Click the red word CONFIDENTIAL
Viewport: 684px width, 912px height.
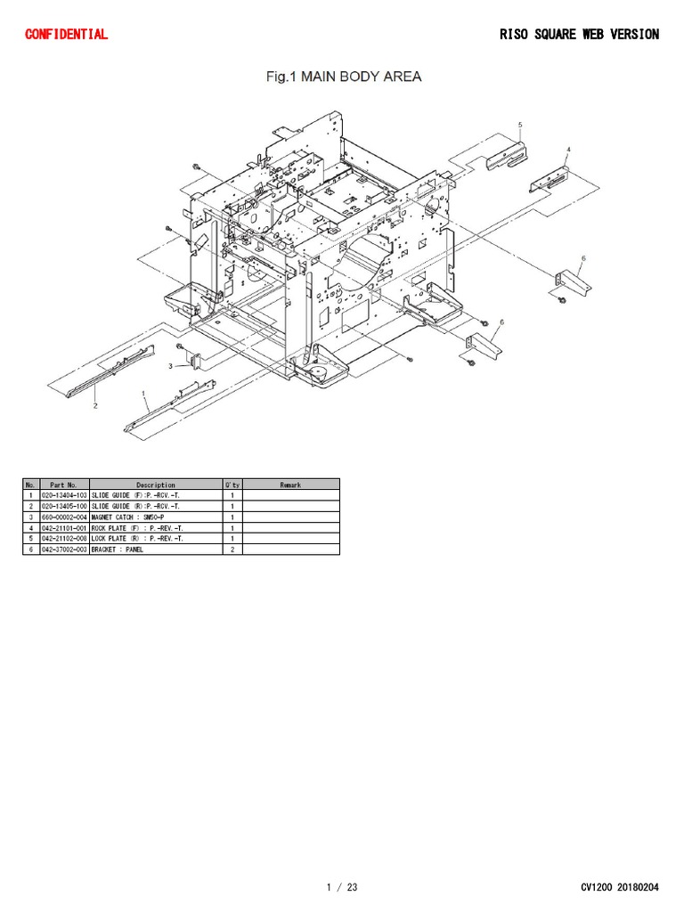(67, 35)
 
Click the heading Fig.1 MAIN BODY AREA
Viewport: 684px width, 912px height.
(343, 77)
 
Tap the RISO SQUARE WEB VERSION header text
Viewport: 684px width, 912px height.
(579, 35)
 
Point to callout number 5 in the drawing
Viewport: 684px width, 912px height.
(519, 125)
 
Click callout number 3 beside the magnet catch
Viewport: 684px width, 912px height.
(169, 366)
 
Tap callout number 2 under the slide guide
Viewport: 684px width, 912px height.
(95, 405)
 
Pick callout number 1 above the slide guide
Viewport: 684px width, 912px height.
(143, 393)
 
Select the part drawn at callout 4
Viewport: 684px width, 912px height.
(550, 178)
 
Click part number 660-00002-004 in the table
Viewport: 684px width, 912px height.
(64, 517)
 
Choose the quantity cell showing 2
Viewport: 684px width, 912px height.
(232, 550)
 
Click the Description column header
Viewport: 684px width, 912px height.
(155, 484)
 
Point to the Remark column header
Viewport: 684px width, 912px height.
(290, 484)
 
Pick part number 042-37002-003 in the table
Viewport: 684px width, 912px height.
(64, 550)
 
